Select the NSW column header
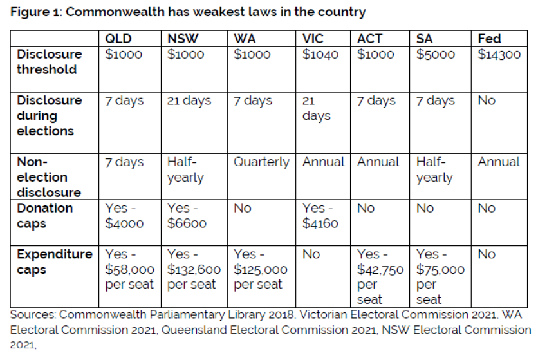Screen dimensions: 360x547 click(x=183, y=39)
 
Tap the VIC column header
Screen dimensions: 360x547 click(x=313, y=39)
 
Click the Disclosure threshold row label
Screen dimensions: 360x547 click(x=50, y=62)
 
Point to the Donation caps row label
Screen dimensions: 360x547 click(x=45, y=216)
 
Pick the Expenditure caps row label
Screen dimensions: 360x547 click(x=54, y=262)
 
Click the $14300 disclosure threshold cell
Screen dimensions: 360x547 click(x=499, y=55)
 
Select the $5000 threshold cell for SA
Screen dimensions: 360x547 click(x=436, y=55)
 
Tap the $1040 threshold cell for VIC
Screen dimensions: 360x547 click(x=320, y=55)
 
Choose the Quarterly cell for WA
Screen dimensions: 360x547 click(x=261, y=162)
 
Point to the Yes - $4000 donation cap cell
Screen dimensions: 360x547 click(x=124, y=216)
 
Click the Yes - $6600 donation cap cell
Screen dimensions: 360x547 click(x=187, y=216)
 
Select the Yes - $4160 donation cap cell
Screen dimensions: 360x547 click(x=320, y=216)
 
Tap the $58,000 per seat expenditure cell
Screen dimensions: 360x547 click(x=129, y=270)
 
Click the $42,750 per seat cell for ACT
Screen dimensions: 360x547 click(x=380, y=277)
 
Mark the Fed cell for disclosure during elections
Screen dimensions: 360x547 click(x=487, y=101)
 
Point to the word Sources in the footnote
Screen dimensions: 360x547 click(x=32, y=315)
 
